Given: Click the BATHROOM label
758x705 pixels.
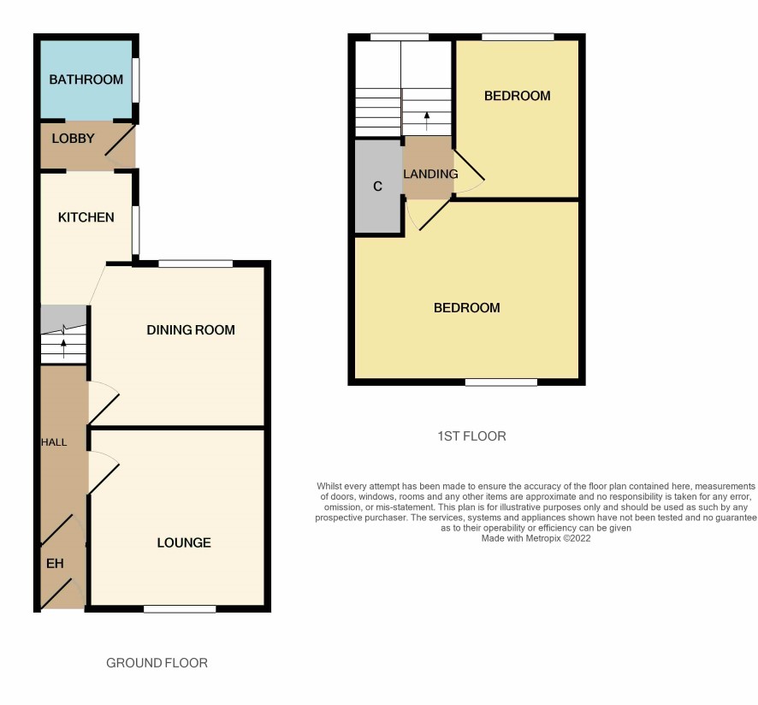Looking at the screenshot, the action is coord(86,80).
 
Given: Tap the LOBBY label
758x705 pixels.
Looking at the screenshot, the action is coord(73,139).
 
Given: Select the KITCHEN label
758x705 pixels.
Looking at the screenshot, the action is coord(86,217).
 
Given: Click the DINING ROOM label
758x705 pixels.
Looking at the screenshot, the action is coord(191,329).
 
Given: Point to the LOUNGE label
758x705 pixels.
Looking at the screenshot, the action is coord(184,542).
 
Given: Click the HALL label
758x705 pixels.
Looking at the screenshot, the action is coord(54,442).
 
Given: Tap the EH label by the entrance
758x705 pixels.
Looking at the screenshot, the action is coord(55,563).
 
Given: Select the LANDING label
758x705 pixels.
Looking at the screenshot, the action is coord(430,174).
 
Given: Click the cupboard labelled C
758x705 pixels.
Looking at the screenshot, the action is coord(378,187).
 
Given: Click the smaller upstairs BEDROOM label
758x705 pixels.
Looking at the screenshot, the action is coord(518,96).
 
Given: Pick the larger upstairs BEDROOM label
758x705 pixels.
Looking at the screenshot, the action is coord(466,307).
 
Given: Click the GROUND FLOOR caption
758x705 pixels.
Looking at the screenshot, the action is coord(157,663).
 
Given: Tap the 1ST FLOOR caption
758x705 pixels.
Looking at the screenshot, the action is coord(471,436).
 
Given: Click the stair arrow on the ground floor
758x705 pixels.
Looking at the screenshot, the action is coord(64,348).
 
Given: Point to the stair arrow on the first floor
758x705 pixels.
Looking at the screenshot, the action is coord(426,121).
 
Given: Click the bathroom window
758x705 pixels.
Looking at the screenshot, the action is coord(136,80).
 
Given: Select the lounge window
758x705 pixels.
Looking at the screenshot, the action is coord(180,609).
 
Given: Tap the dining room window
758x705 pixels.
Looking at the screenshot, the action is coord(196,264).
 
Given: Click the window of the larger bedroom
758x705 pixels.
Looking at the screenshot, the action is coord(501,382).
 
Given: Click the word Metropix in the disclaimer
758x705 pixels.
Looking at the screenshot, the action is coord(542,538).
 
